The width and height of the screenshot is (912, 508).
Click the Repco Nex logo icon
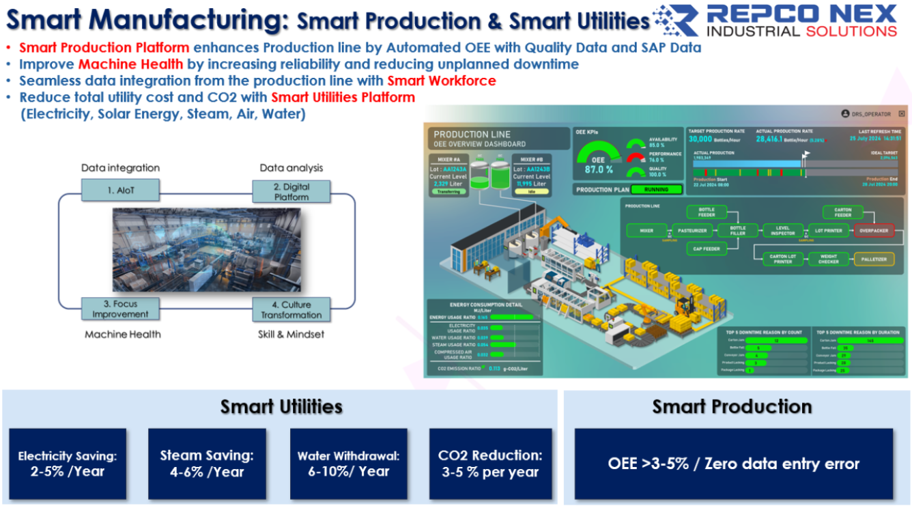tap(675, 20)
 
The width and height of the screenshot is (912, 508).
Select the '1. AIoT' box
tap(119, 190)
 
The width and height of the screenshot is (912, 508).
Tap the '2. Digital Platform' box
tap(291, 191)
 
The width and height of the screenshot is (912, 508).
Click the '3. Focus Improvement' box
tap(120, 309)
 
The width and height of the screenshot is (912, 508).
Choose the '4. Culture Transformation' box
tap(291, 309)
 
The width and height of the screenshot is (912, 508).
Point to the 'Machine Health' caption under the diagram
tap(123, 334)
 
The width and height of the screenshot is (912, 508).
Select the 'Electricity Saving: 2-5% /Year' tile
tap(68, 464)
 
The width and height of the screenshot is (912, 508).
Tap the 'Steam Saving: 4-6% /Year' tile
tap(207, 464)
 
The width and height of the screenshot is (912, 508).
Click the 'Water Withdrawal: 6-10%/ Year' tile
tap(348, 464)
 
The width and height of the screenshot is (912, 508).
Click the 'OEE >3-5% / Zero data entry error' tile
tap(733, 464)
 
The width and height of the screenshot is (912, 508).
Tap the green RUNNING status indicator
tap(659, 190)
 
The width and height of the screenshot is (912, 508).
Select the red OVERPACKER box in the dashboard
tap(873, 231)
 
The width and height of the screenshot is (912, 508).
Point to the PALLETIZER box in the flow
tap(873, 259)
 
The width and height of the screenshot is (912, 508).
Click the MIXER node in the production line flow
tap(646, 231)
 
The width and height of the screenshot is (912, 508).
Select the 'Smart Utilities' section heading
tap(281, 407)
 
